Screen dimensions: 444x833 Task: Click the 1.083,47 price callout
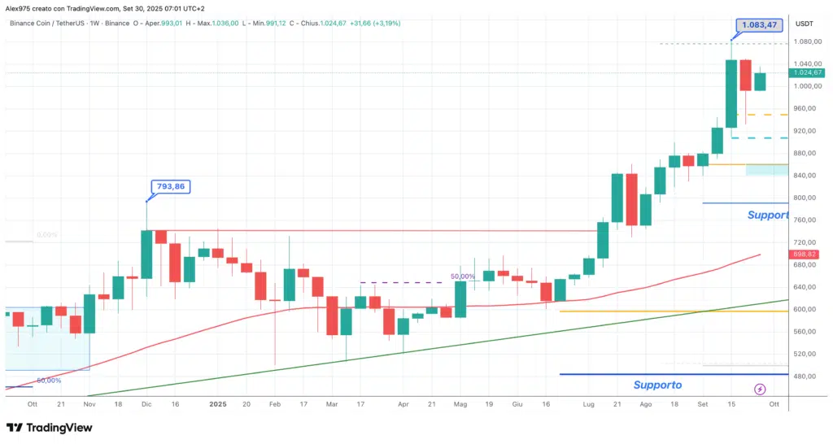[x=757, y=26]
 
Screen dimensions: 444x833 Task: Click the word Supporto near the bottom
[x=657, y=385]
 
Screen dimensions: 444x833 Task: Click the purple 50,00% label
[x=463, y=276]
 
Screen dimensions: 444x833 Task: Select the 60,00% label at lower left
[x=49, y=381]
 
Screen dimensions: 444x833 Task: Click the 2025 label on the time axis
[x=217, y=403]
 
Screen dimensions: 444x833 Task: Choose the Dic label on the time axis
[x=146, y=403]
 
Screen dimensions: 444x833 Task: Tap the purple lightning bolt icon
[x=760, y=389]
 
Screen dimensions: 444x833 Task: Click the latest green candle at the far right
[x=760, y=81]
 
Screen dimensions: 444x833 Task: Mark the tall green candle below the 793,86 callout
[x=146, y=254]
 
